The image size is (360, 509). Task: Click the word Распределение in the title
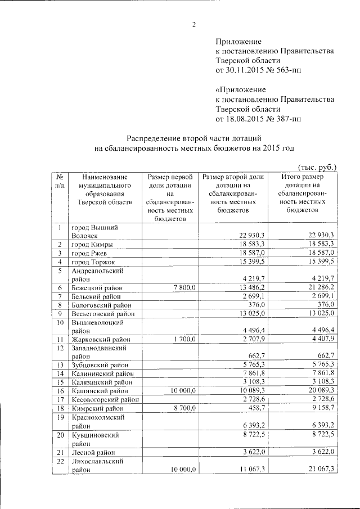(x=155, y=138)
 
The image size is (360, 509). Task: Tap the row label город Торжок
(x=93, y=262)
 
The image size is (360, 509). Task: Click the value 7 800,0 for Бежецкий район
(x=182, y=288)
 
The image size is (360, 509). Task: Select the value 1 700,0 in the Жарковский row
(x=182, y=339)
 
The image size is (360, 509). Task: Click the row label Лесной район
(x=93, y=452)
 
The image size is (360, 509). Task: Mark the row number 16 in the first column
(x=59, y=390)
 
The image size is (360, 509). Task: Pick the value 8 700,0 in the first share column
(x=182, y=408)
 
